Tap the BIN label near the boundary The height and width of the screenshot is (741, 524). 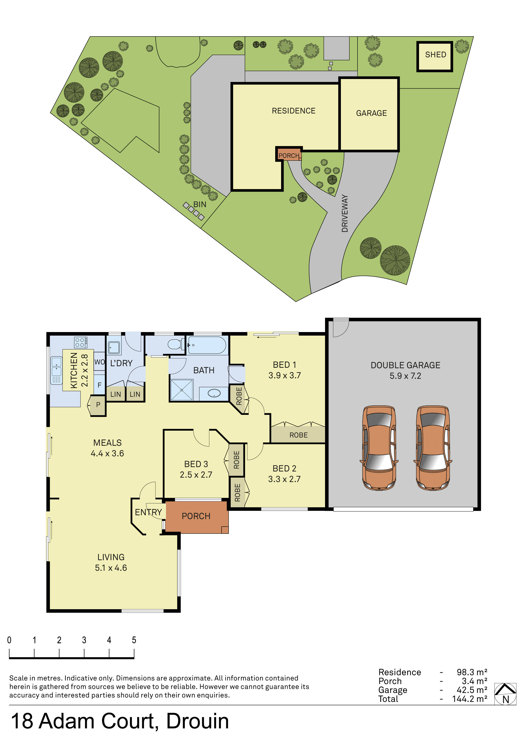(199, 204)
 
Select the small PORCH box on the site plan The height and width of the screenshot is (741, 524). (289, 155)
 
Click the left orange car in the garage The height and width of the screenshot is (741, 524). (379, 448)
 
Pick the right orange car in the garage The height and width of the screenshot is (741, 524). (433, 448)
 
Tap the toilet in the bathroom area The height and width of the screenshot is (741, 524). (175, 344)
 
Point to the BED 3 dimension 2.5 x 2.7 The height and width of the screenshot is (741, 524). (196, 475)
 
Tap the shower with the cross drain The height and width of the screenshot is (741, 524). (182, 390)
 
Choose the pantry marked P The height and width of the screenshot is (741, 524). (98, 405)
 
